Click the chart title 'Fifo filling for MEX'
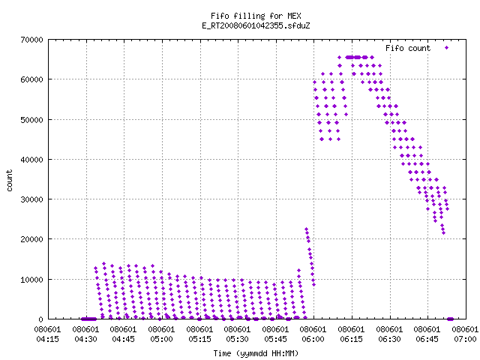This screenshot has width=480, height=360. click(x=256, y=16)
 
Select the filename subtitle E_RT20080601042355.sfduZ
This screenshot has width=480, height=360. click(x=256, y=25)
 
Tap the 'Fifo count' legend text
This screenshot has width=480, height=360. click(x=408, y=48)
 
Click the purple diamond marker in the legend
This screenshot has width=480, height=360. click(x=446, y=48)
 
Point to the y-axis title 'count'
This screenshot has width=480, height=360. click(x=10, y=181)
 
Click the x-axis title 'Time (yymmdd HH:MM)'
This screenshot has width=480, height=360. click(x=256, y=353)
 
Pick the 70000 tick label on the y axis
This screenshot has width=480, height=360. click(x=31, y=40)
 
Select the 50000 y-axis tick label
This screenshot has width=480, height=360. click(x=31, y=120)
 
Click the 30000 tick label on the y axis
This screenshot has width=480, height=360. click(x=31, y=199)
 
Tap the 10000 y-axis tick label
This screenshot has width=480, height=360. click(x=31, y=280)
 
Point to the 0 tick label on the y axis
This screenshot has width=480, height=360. click(x=41, y=319)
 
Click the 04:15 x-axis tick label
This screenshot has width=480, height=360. click(x=47, y=339)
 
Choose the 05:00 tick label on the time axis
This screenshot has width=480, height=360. click(x=161, y=339)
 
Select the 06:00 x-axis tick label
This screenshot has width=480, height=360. click(x=313, y=339)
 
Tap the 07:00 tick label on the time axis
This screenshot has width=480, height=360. click(x=465, y=339)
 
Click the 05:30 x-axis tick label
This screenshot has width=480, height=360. click(x=237, y=339)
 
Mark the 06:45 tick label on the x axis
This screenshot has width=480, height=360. click(x=427, y=339)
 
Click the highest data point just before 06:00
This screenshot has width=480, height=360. click(x=306, y=229)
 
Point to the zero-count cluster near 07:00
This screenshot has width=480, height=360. click(x=450, y=319)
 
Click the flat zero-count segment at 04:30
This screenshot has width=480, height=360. click(x=88, y=319)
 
